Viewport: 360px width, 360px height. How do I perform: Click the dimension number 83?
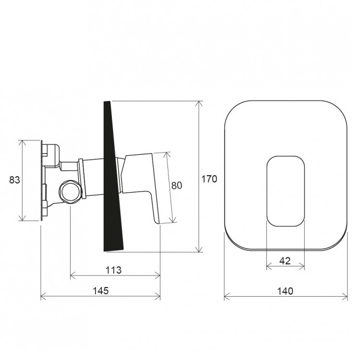coord(14,180)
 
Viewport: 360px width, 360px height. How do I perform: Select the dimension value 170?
coord(209,179)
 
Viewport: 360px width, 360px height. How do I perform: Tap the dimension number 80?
coord(177,185)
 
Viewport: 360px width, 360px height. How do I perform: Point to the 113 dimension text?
coord(113,270)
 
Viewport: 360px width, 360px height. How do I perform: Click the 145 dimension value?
coord(101,291)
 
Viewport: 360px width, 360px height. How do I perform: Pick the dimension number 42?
coord(285,261)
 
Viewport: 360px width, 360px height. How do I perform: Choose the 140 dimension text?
coord(286,291)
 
